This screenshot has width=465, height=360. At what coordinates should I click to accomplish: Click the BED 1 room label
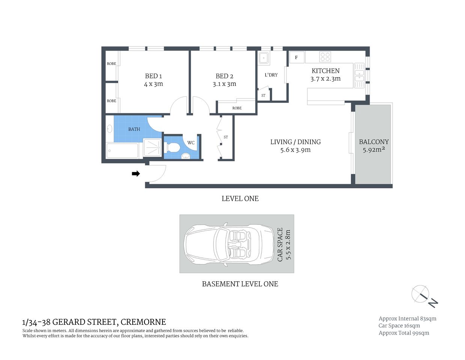[x=153, y=76]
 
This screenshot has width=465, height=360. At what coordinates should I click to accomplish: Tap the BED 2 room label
[x=224, y=76]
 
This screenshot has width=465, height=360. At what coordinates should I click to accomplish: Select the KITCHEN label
[x=325, y=71]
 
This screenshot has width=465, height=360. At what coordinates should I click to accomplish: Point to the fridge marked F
[x=296, y=57]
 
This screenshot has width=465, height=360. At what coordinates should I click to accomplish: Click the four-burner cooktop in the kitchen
[x=325, y=57]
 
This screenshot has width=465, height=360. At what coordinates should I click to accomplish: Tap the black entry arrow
[x=136, y=174]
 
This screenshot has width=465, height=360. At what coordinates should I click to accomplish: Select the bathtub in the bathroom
[x=122, y=150]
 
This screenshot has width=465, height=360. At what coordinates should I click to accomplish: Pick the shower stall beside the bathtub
[x=152, y=148]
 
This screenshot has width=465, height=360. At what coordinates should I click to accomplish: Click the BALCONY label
[x=373, y=142]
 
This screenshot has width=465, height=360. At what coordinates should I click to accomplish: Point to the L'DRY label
[x=271, y=75]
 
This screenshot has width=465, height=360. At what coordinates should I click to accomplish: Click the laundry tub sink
[x=264, y=58]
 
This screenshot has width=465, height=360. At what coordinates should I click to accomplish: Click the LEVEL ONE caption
[x=240, y=199]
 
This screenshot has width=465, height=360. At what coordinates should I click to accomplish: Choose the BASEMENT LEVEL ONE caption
[x=240, y=284]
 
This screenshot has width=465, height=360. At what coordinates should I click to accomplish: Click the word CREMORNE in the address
[x=143, y=322]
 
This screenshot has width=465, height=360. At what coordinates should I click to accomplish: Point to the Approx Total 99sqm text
[x=403, y=333]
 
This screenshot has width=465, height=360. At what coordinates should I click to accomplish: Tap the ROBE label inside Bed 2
[x=237, y=108]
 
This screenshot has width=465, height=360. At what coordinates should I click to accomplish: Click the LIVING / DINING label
[x=295, y=142]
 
